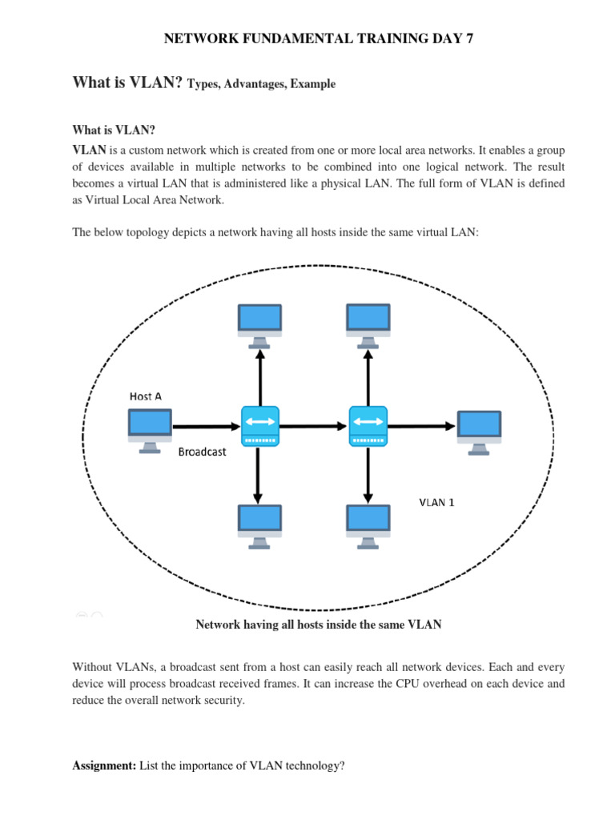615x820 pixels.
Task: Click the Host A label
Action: point(146,396)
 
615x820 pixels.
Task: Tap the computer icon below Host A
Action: point(150,428)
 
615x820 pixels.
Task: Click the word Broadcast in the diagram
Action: point(202,452)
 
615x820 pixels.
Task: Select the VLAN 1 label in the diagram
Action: point(437,503)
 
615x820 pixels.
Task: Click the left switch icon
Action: point(259,425)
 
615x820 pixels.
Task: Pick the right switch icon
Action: point(368,425)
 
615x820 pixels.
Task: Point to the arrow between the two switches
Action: point(313,426)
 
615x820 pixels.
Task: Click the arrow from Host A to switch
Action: point(206,426)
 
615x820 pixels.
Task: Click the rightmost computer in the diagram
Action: point(479,431)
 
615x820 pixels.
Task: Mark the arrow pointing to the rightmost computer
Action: point(422,426)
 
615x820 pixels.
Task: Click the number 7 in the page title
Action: point(459,38)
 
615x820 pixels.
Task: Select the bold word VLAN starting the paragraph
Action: point(89,150)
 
